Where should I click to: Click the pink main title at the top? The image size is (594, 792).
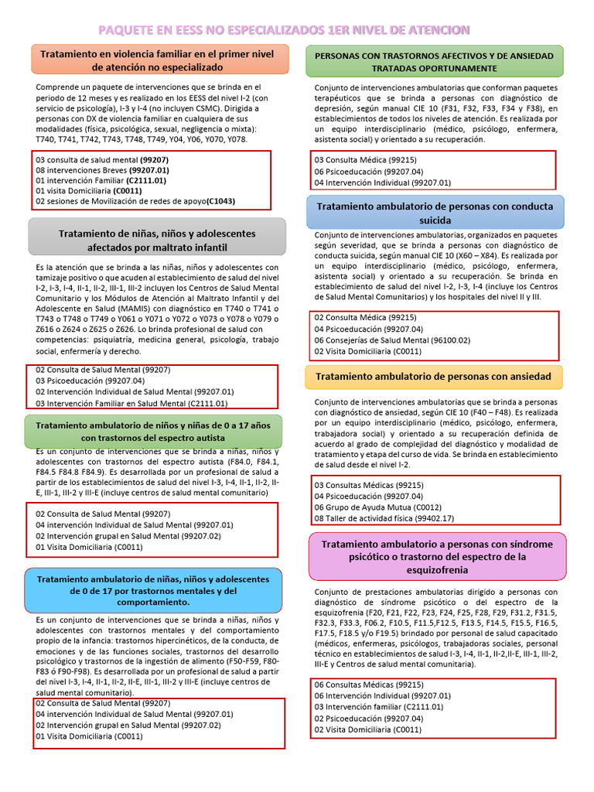pyautogui.click(x=283, y=29)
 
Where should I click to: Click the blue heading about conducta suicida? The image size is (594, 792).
pyautogui.click(x=435, y=213)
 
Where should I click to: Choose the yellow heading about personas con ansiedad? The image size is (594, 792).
pyautogui.click(x=434, y=377)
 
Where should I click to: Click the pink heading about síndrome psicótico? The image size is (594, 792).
pyautogui.click(x=434, y=556)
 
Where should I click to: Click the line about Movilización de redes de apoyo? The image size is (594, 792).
pyautogui.click(x=135, y=201)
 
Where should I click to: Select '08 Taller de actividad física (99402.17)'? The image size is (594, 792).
pyautogui.click(x=384, y=518)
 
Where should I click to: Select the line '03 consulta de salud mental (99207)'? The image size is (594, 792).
pyautogui.click(x=102, y=159)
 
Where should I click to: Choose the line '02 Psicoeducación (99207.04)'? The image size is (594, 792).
pyautogui.click(x=368, y=719)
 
